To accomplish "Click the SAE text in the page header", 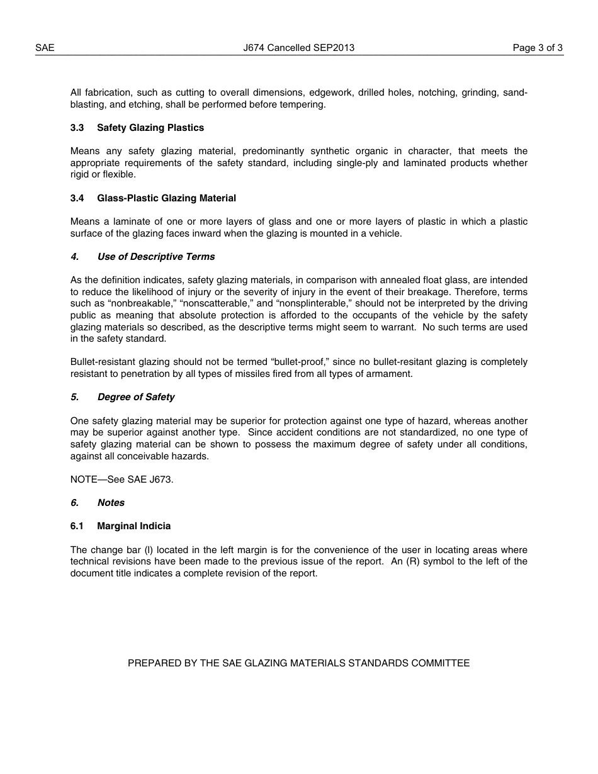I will point(45,48).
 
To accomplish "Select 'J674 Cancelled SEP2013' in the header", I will point(298,48).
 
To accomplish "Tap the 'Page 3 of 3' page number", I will point(538,48).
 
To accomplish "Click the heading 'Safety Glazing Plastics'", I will point(150,128).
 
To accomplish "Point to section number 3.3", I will point(77,128).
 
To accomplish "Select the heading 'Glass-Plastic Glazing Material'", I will point(166,198).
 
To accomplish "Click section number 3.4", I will point(77,198).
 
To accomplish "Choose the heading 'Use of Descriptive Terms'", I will point(155,257).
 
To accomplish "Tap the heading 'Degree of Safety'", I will point(135,397).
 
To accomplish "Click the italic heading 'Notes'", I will point(111,503).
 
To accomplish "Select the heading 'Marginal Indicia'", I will point(133,526).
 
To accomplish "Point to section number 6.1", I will point(77,526).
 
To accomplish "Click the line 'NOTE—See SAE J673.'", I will point(121,480).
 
